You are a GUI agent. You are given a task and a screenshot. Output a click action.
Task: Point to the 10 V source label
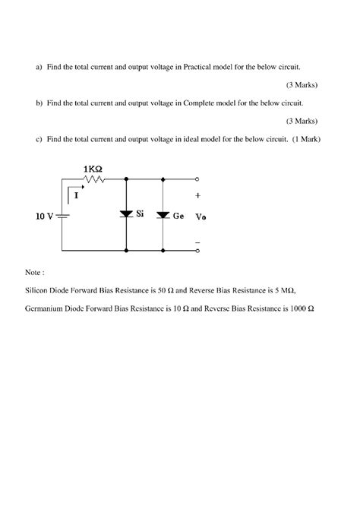pos(44,216)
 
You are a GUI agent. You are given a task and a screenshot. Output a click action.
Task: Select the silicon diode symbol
pos(126,215)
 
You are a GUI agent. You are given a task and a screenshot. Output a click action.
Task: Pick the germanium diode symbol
pos(163,215)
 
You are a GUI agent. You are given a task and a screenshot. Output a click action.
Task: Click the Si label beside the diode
pos(141,214)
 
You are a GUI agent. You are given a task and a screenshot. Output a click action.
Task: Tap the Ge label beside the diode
pos(178,216)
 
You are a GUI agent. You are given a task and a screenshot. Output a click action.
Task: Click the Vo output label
pos(201,217)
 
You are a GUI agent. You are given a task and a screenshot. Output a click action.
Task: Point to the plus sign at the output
pos(198,195)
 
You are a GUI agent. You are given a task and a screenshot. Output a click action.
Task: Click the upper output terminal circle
pos(197,180)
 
